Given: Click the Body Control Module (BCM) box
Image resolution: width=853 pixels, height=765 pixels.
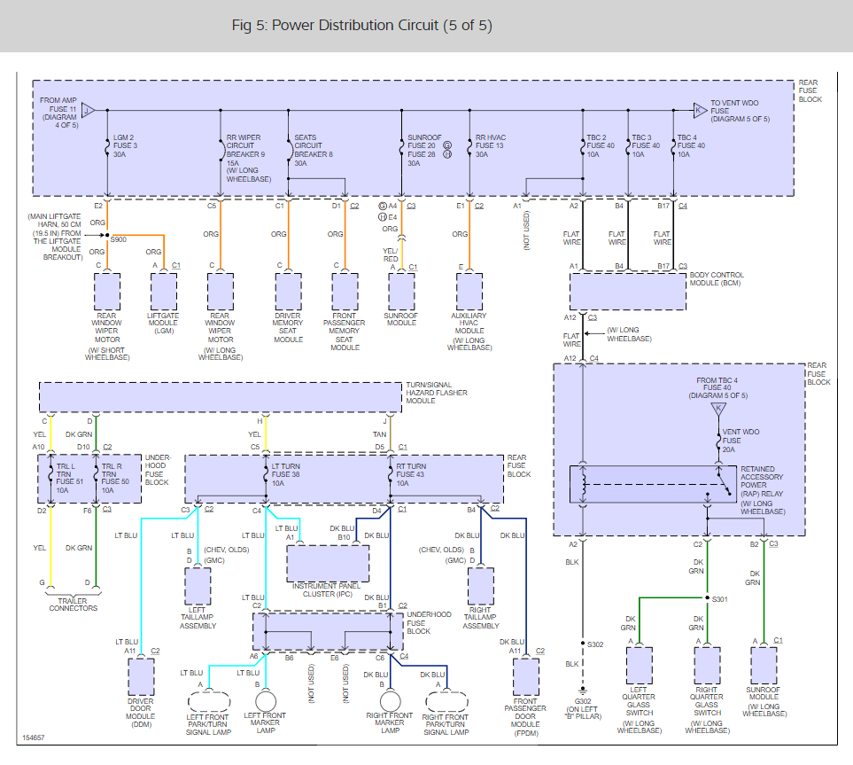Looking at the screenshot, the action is [x=628, y=292].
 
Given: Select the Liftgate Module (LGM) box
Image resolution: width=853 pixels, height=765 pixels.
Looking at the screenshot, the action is [x=164, y=292].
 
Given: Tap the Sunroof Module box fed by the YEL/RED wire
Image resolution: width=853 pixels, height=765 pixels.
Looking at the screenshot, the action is [x=401, y=292].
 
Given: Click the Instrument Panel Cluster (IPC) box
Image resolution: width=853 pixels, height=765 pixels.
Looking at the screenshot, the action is [x=328, y=564].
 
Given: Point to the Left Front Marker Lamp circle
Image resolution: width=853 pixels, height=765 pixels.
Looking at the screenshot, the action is [x=266, y=701].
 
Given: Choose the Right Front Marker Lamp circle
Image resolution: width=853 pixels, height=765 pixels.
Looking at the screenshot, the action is [x=390, y=701].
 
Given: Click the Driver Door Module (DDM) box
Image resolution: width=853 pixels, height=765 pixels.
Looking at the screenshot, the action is [x=142, y=676].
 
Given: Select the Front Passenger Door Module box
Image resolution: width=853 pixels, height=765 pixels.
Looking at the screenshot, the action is [x=526, y=676].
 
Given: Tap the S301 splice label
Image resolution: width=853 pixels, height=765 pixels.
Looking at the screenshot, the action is [x=720, y=599].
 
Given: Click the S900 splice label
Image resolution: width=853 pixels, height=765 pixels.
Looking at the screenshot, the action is [x=119, y=239].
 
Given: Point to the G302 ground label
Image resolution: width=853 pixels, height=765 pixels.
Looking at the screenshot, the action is [x=583, y=701].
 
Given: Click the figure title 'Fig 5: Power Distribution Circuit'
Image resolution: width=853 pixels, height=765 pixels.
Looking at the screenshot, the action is [x=335, y=26].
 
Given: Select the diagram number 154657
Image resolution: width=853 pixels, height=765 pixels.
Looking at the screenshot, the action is [x=33, y=738].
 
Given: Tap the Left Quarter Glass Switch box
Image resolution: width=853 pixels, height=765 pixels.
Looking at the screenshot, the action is [x=640, y=666].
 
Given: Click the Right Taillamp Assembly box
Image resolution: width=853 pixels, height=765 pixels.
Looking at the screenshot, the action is [x=481, y=587].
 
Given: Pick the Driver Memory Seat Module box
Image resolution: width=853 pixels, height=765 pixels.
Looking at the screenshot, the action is [x=289, y=292].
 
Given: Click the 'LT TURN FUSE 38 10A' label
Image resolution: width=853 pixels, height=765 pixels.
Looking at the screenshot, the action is [x=285, y=475].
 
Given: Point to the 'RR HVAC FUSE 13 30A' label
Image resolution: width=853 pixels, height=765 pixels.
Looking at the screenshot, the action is [x=491, y=146].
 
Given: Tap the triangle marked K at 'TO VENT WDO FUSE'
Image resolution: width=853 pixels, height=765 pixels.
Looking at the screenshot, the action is [x=700, y=111].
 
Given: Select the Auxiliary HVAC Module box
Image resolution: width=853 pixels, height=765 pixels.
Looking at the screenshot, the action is [x=469, y=292].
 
